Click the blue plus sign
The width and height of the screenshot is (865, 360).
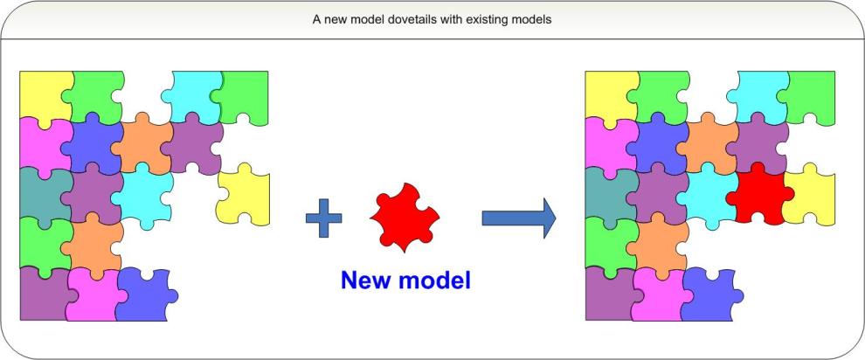point(323,218)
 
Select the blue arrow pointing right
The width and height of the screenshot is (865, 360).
point(518,218)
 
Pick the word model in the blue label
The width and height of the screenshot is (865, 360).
point(437,280)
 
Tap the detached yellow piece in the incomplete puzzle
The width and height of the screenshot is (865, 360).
point(244,194)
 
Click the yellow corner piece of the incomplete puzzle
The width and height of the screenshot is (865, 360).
point(44,94)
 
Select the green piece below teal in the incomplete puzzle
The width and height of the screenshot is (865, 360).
point(42,240)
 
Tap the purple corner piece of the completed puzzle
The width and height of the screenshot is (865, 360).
point(609,293)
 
